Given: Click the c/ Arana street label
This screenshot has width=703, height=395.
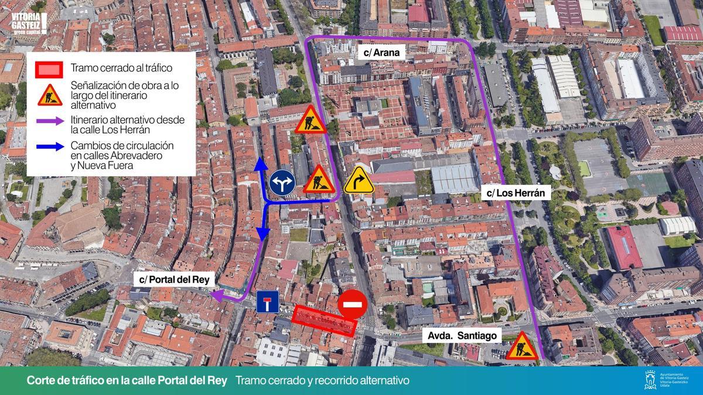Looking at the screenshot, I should (x=381, y=53).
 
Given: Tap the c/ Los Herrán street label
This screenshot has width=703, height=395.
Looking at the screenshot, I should (x=516, y=193).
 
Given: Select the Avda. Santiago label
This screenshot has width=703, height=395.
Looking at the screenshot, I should (x=462, y=336).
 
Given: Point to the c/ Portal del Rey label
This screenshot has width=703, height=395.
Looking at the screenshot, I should (x=175, y=280).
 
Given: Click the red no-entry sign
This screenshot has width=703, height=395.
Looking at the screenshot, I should (x=353, y=304).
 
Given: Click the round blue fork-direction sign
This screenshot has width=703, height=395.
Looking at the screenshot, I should (x=281, y=183).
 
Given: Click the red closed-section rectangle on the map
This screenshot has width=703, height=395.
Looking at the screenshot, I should (x=324, y=320).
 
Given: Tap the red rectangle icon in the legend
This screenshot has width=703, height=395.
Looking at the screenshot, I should (x=49, y=68).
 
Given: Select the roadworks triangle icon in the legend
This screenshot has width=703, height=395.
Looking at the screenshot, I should (x=50, y=95).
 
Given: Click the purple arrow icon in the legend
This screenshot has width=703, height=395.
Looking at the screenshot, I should (x=50, y=120).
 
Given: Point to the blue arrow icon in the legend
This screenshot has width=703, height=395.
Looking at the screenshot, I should (x=50, y=146).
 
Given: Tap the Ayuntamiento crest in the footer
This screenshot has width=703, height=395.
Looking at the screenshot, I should (x=650, y=380).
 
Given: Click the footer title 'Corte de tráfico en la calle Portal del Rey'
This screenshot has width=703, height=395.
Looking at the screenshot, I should (x=127, y=381).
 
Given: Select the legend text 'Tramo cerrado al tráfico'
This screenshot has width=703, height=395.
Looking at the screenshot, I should (x=121, y=68).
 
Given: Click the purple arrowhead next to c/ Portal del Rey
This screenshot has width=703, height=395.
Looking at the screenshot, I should (x=216, y=297).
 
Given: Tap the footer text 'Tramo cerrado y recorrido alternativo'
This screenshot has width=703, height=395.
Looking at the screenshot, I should (x=322, y=381).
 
